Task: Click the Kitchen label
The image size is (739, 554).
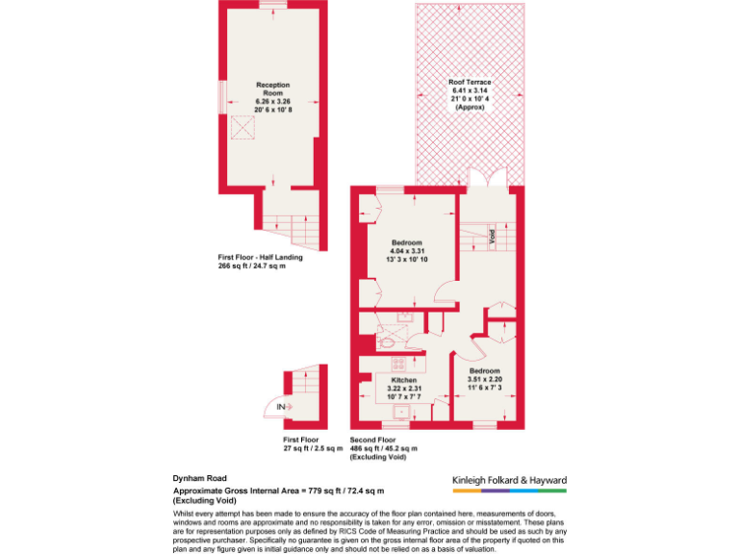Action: click(x=404, y=380)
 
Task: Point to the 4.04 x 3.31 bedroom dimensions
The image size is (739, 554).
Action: click(x=409, y=251)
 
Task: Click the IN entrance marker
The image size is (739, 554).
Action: click(x=281, y=408)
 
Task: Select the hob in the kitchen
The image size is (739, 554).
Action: click(x=397, y=364)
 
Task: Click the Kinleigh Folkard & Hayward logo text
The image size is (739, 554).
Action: click(x=510, y=480)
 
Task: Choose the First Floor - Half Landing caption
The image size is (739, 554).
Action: click(x=260, y=257)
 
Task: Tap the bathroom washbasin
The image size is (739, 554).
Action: click(x=404, y=316)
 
